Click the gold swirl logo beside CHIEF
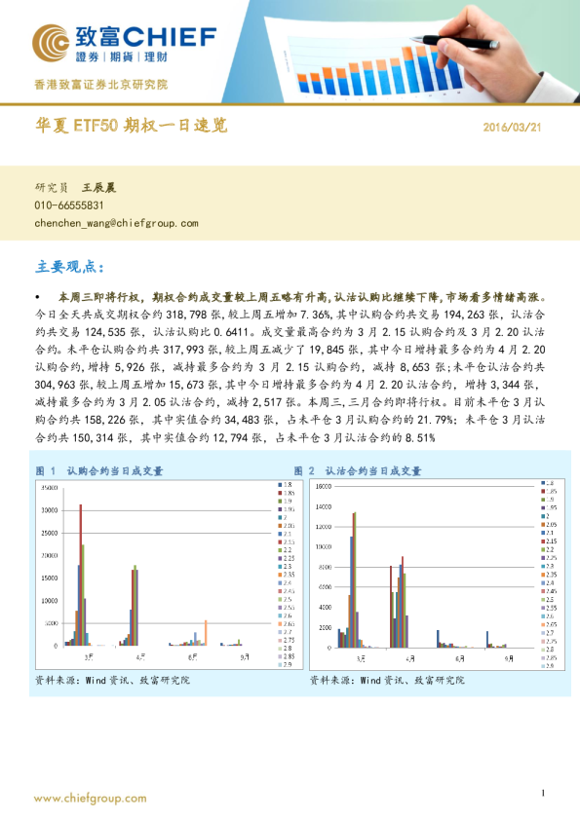pos(50,42)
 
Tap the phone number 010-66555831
pos(69,205)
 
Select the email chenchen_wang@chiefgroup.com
pos(116,223)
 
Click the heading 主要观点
pos(68,266)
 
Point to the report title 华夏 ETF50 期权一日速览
pos(131,128)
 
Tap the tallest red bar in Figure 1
pos(80,575)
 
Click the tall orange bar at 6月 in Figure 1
pos(205,633)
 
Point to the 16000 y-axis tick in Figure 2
pos(322,483)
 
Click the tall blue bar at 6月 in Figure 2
pos(439,639)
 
